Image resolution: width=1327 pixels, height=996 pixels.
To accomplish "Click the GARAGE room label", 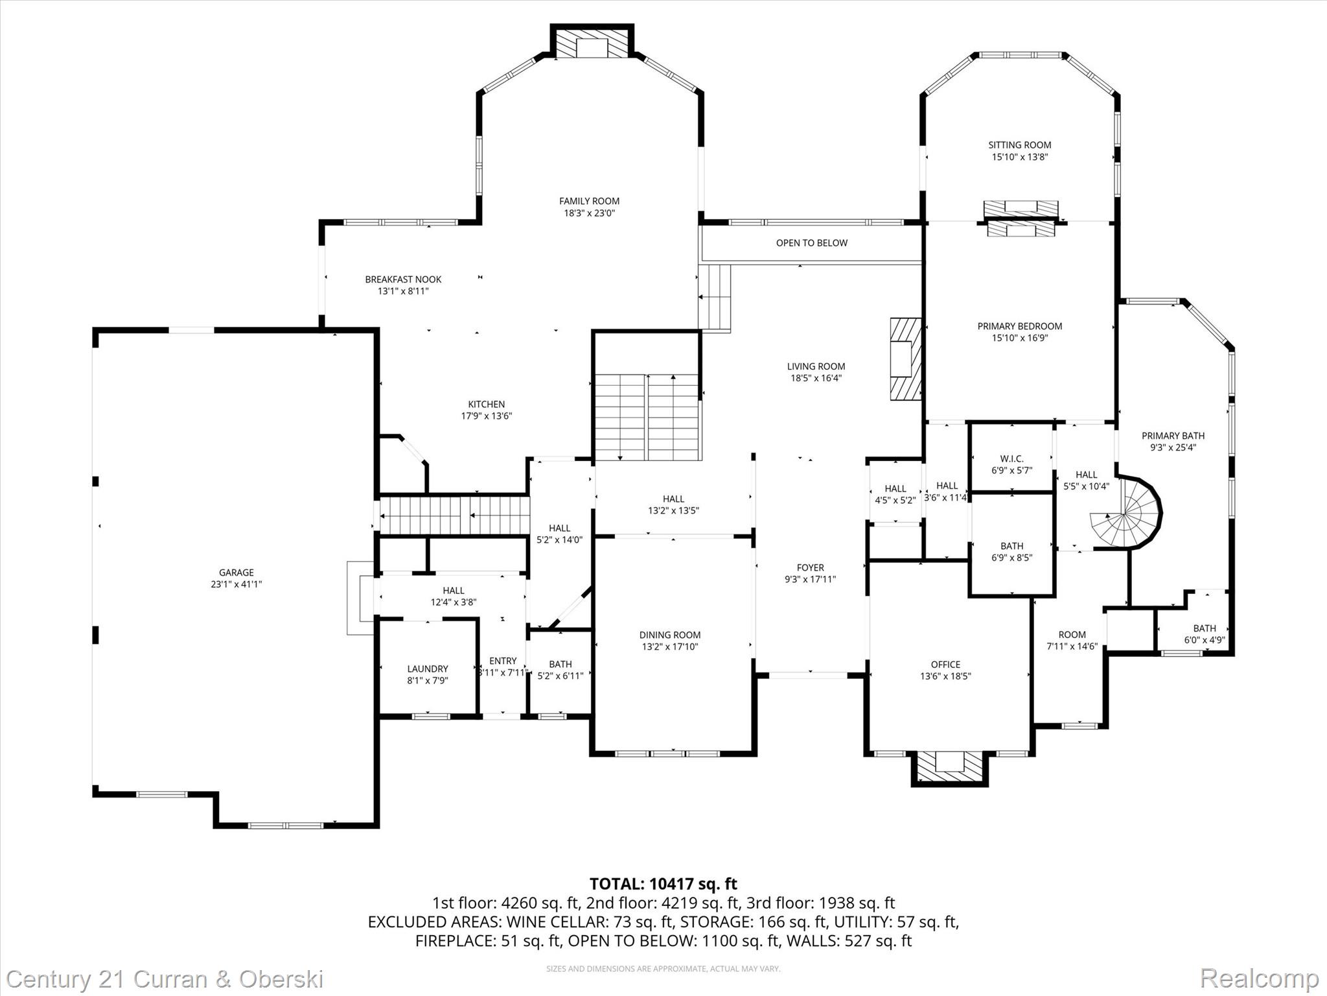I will tap(236, 573).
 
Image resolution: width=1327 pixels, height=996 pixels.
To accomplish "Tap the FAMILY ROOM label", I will tap(589, 201).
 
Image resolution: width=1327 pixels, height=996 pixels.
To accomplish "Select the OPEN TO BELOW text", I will tap(811, 243).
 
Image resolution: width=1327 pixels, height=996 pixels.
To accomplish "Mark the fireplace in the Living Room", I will tap(905, 359).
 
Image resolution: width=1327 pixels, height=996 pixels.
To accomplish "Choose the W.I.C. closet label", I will tap(1011, 459).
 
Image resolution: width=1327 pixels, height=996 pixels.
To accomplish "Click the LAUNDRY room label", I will tap(427, 669).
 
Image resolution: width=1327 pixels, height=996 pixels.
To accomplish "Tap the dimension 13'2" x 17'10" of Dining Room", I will tap(670, 646).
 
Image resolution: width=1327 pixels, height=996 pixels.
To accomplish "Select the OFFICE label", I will tap(945, 664).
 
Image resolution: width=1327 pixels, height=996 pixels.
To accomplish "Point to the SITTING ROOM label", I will tap(1019, 145).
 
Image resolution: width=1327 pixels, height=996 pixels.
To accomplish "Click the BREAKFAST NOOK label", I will tap(403, 279).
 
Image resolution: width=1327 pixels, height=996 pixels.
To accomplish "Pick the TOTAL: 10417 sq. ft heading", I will tap(663, 884).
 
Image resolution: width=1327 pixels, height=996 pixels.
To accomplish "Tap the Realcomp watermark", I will tap(1259, 978).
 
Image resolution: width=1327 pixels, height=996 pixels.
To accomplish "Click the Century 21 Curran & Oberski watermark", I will tap(165, 979).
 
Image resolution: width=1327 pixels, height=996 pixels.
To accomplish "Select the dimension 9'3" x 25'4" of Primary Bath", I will tap(1173, 447).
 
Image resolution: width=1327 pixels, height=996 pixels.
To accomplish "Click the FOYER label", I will tap(810, 567).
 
